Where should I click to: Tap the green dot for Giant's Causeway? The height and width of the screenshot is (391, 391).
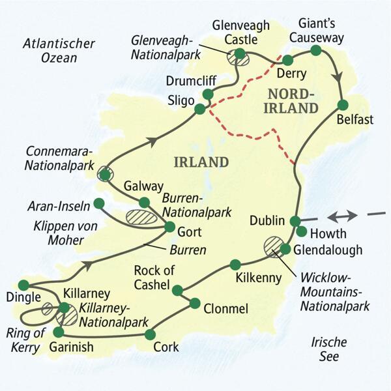click(316, 50)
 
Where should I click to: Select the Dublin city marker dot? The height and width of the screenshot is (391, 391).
click(295, 221)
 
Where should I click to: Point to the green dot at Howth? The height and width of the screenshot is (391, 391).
click(301, 231)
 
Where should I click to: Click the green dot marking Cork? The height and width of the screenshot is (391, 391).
click(151, 334)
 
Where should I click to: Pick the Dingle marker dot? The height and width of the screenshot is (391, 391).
click(23, 285)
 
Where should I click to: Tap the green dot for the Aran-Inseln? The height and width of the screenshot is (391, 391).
click(98, 203)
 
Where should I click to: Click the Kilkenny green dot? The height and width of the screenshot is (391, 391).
click(235, 265)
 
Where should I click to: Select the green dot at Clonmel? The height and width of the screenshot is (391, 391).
click(194, 302)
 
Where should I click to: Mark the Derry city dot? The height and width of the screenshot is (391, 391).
click(287, 59)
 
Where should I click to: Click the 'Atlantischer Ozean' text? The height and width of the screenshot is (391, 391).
click(59, 51)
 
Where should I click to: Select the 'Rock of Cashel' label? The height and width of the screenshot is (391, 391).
click(152, 276)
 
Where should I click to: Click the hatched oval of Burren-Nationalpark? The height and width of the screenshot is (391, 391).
click(142, 217)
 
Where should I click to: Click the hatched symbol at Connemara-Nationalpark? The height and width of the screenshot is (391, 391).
click(105, 173)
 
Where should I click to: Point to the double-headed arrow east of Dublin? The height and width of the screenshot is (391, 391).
click(341, 216)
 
